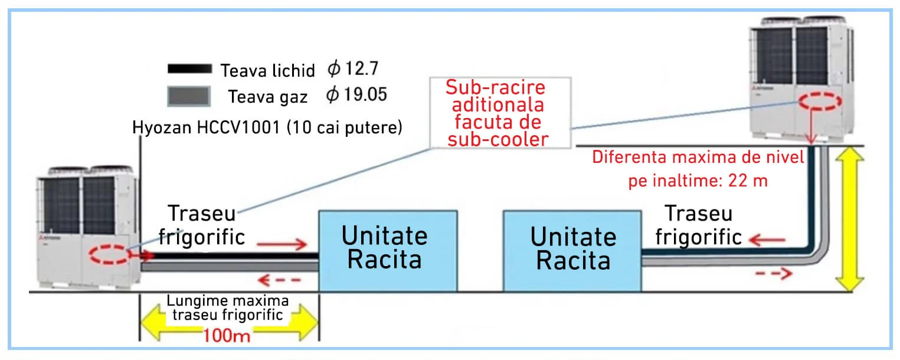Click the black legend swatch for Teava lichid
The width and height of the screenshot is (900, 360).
(189, 68)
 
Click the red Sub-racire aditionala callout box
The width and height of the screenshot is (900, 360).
(496, 113)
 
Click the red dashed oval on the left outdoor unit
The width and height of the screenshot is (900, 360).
(110, 256)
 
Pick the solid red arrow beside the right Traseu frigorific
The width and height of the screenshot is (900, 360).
(767, 240)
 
